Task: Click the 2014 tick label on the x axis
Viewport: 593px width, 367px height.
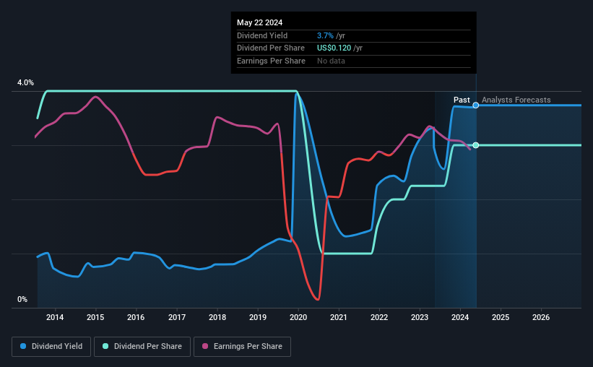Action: pyautogui.click(x=55, y=317)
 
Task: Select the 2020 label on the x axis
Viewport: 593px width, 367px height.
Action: pyautogui.click(x=298, y=317)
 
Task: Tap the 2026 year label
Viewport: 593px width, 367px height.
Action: pyautogui.click(x=541, y=317)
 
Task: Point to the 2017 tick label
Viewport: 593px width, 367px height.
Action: pyautogui.click(x=176, y=317)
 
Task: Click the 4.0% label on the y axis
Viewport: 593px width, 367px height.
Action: pyautogui.click(x=25, y=83)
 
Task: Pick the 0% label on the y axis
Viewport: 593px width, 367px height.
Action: pyautogui.click(x=22, y=300)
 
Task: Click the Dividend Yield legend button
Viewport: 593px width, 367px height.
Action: pyautogui.click(x=51, y=347)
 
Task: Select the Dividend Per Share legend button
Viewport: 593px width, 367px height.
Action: pyautogui.click(x=142, y=347)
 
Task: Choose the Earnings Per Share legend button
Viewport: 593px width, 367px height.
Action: pyautogui.click(x=242, y=347)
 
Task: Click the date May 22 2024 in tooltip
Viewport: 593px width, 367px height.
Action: pyautogui.click(x=261, y=22)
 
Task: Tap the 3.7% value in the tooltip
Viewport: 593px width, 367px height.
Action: pyautogui.click(x=324, y=35)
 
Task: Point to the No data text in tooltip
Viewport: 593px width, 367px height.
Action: pyautogui.click(x=331, y=61)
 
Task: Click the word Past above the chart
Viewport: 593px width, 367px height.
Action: pyautogui.click(x=462, y=100)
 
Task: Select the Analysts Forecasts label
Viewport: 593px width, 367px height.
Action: pyautogui.click(x=516, y=100)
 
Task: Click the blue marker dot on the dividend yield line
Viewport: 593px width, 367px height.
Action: pyautogui.click(x=475, y=105)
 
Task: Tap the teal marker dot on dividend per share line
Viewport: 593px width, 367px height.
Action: pyautogui.click(x=475, y=145)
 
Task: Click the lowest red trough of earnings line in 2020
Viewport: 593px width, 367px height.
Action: pyautogui.click(x=317, y=299)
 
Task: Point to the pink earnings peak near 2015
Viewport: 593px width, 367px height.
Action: pyautogui.click(x=95, y=97)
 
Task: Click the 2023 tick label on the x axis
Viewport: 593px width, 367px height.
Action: pyautogui.click(x=420, y=317)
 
